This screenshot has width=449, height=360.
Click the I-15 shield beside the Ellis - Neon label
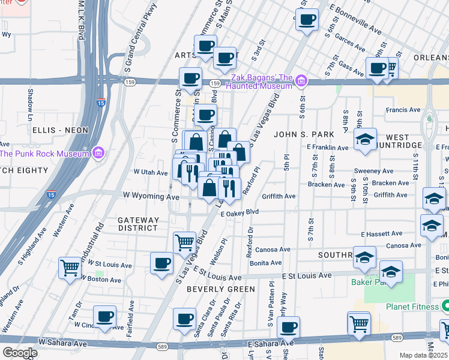pos(101,103)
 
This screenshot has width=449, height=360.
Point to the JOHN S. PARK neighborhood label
pos(298,134)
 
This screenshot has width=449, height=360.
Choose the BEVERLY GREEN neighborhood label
pos(212,289)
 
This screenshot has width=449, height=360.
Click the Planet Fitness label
pos(412,307)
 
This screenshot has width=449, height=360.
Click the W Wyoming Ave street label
pos(151,196)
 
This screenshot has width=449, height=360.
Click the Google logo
pos(19,353)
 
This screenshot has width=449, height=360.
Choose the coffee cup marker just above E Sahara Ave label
pos(288,327)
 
